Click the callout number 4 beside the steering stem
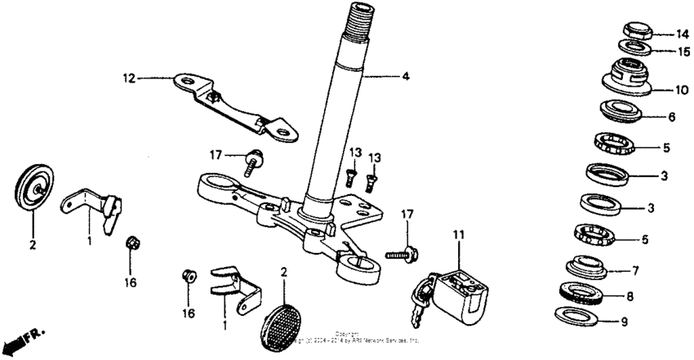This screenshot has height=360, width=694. click(405, 78)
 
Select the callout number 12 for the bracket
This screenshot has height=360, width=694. click(127, 78)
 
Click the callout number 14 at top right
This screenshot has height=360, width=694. click(682, 34)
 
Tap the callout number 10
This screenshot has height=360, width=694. click(682, 90)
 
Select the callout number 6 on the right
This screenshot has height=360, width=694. click(672, 118)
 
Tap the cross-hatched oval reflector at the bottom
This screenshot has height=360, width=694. click(283, 320)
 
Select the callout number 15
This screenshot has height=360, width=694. click(682, 51)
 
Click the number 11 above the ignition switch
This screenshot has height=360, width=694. click(459, 236)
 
